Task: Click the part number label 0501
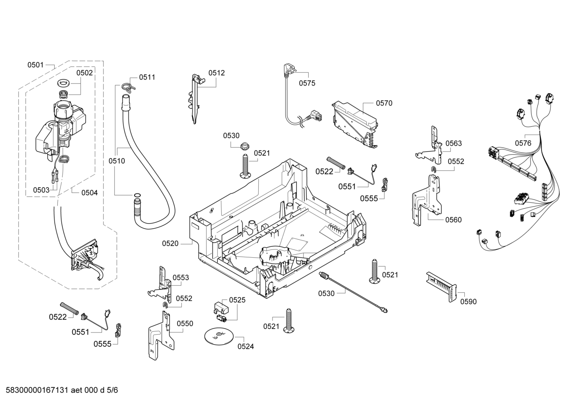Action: pos(35,65)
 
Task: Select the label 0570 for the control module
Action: pos(384,103)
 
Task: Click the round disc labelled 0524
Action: pos(218,336)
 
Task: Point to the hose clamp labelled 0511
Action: pos(128,87)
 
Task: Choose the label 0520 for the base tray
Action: pos(170,244)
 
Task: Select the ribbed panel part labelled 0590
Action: pos(441,286)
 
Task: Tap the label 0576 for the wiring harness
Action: pos(523,143)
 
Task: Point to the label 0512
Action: pos(216,73)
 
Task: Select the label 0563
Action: pos(454,143)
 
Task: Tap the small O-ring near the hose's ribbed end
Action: pos(137,195)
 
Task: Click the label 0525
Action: pos(237,300)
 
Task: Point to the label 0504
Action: pos(89,193)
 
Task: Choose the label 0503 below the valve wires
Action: pos(41,190)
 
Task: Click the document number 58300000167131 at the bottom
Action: pos(37,390)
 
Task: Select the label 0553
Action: pos(181,278)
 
